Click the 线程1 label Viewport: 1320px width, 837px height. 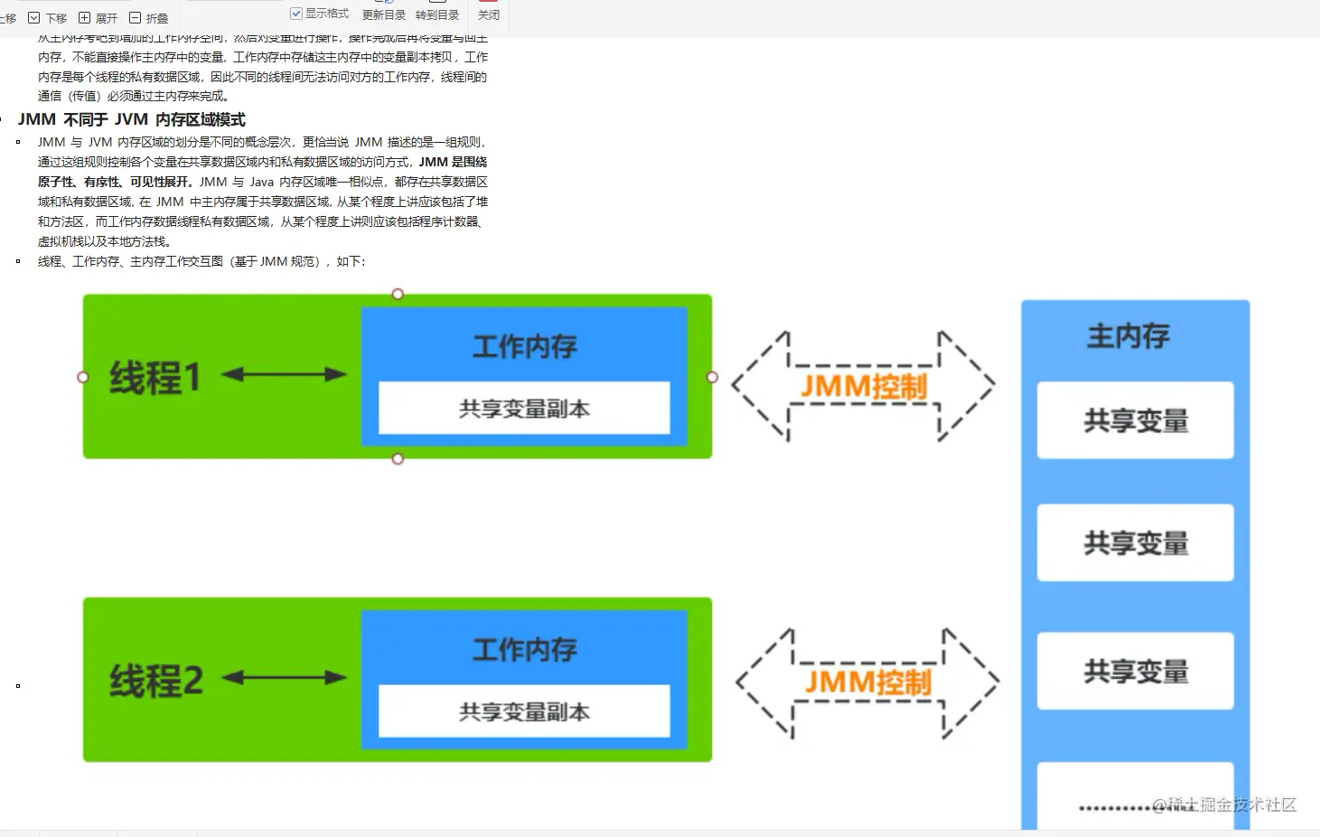pyautogui.click(x=154, y=378)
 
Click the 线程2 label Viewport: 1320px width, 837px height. pyautogui.click(x=156, y=681)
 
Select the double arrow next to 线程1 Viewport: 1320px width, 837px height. pyautogui.click(x=284, y=374)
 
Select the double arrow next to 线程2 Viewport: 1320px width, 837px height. pyautogui.click(x=284, y=677)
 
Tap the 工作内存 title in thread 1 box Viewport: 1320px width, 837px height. pyautogui.click(x=524, y=346)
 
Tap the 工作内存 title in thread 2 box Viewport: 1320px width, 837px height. pyautogui.click(x=524, y=649)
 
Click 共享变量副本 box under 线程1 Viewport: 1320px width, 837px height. pyautogui.click(x=524, y=409)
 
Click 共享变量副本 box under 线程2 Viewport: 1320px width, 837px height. pyautogui.click(x=524, y=711)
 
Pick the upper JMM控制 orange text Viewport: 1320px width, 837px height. pyautogui.click(x=864, y=387)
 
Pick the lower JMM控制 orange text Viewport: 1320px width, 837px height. pyautogui.click(x=867, y=682)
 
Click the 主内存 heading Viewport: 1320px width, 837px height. pyautogui.click(x=1128, y=336)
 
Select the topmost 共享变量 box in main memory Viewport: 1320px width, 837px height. pyautogui.click(x=1135, y=420)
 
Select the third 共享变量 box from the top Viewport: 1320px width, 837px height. pyautogui.click(x=1135, y=671)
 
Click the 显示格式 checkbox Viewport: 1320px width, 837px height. pyautogui.click(x=295, y=14)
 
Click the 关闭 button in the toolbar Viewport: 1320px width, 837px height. pyautogui.click(x=488, y=14)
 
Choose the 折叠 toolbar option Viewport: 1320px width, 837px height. pyautogui.click(x=149, y=18)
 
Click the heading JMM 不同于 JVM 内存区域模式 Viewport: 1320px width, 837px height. pyautogui.click(x=132, y=119)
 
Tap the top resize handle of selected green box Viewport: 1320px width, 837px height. pyautogui.click(x=398, y=294)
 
